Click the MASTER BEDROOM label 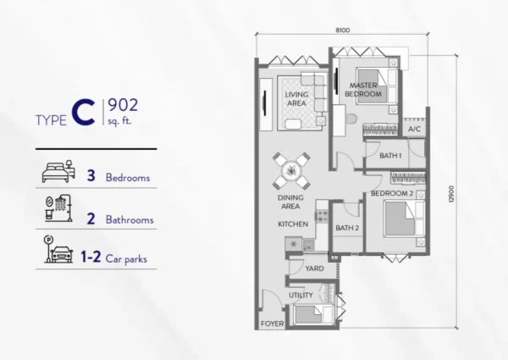click(363, 90)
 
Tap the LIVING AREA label click(296, 99)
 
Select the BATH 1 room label click(390, 156)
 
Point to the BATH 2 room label click(347, 228)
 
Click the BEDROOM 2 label click(392, 193)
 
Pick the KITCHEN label click(293, 224)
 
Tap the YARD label click(314, 269)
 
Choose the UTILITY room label click(301, 295)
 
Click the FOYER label click(272, 324)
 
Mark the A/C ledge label click(414, 129)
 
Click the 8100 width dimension click(342, 30)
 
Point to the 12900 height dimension click(451, 194)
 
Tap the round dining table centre click(291, 171)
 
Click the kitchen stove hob click(322, 216)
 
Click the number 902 click(123, 105)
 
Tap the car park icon click(58, 250)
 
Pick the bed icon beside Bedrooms click(58, 171)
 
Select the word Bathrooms click(130, 219)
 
